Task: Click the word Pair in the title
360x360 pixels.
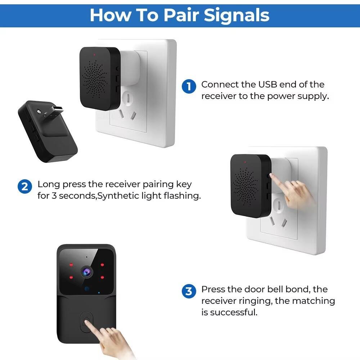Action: pyautogui.click(x=181, y=15)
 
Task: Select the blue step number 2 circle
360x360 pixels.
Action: pyautogui.click(x=24, y=187)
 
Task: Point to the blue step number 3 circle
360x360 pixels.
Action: pyautogui.click(x=189, y=291)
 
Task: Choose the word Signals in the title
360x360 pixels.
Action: pyautogui.click(x=237, y=15)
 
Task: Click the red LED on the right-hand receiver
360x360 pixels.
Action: pyautogui.click(x=245, y=162)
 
